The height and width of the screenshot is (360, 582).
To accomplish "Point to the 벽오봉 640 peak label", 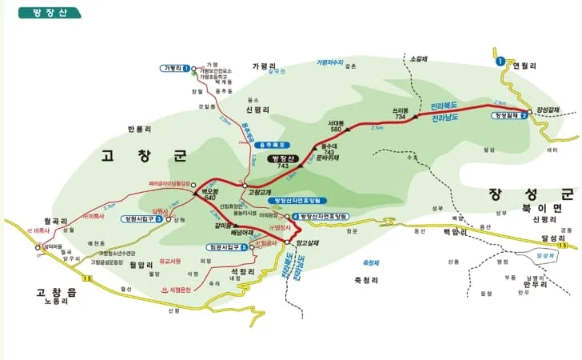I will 210,194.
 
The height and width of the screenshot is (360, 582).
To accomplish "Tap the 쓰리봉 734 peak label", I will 401,113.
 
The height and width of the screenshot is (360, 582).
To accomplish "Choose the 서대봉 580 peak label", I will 335,126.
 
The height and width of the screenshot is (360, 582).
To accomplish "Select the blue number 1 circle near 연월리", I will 500,61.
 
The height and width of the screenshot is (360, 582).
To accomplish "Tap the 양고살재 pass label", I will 307,242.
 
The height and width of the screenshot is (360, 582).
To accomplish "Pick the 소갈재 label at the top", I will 418,58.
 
